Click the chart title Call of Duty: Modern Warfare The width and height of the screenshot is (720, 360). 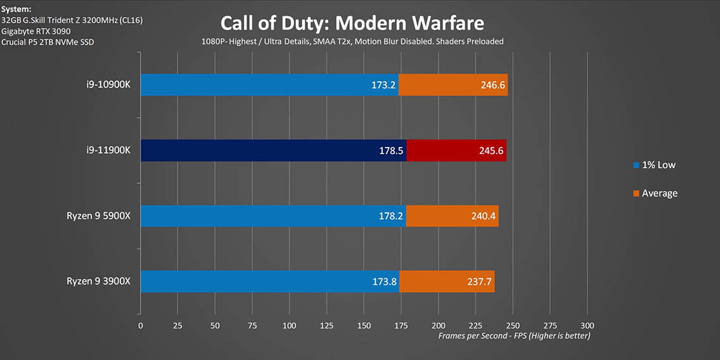click(x=352, y=23)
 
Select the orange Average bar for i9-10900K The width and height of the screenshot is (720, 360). click(x=453, y=85)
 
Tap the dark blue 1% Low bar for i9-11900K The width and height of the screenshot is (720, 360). click(x=273, y=150)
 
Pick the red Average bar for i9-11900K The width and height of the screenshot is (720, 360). click(x=456, y=150)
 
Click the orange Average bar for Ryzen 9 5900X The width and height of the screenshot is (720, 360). click(x=452, y=216)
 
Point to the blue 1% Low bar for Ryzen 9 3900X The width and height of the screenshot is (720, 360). click(x=269, y=281)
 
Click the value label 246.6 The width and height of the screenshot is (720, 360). click(x=493, y=85)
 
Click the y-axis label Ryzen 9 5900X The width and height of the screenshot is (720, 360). click(x=98, y=216)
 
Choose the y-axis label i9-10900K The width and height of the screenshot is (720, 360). click(x=110, y=85)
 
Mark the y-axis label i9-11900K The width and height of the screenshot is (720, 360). click(x=110, y=151)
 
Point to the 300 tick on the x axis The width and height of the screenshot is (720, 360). click(x=588, y=325)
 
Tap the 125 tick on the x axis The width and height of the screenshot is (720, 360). click(x=326, y=325)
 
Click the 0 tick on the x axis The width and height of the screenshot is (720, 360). click(x=141, y=325)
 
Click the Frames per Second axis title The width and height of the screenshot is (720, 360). click(x=514, y=336)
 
